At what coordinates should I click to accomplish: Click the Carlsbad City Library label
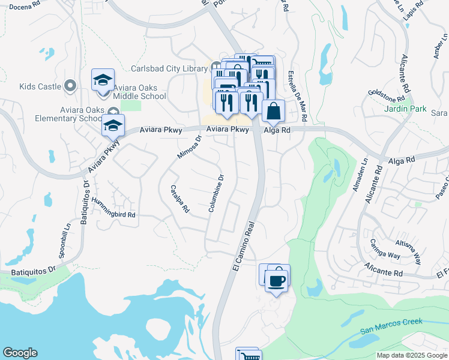170,69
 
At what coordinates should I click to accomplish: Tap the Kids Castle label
40,86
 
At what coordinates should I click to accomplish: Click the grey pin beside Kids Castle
70,86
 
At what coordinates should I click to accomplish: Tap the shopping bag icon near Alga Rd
273,111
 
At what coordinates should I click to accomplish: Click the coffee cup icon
276,280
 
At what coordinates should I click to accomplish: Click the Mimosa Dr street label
189,147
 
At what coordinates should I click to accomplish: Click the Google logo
20,353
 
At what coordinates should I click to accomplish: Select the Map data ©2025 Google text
412,355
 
